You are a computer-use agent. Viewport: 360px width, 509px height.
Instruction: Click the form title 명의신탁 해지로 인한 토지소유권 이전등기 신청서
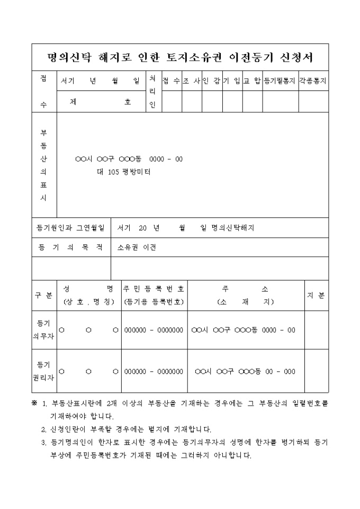tap(180, 57)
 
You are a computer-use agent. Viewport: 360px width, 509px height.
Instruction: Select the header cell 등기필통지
tap(281, 81)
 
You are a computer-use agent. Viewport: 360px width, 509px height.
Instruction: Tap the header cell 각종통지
tap(313, 81)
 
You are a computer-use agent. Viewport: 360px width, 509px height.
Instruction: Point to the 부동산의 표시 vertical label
tap(43, 165)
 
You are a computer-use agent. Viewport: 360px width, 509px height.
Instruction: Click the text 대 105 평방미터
tap(123, 171)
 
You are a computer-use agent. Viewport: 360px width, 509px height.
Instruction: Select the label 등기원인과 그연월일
tap(70, 228)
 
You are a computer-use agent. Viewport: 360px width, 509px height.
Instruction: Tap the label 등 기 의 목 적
tap(70, 247)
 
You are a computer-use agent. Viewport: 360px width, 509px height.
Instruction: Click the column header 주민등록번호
tap(154, 289)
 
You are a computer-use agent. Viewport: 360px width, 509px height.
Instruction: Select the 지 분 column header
tap(316, 295)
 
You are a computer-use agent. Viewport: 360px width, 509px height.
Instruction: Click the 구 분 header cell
tap(43, 295)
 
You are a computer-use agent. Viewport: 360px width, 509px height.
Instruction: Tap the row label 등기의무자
tap(43, 330)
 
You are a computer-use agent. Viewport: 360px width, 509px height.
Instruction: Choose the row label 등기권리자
tap(43, 371)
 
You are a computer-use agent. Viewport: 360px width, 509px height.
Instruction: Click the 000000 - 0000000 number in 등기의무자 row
tap(154, 330)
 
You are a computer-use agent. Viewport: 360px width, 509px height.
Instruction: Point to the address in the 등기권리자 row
tap(245, 371)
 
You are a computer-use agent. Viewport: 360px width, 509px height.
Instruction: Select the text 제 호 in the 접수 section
tap(100, 102)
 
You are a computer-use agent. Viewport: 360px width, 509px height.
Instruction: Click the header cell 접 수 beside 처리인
tap(171, 81)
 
